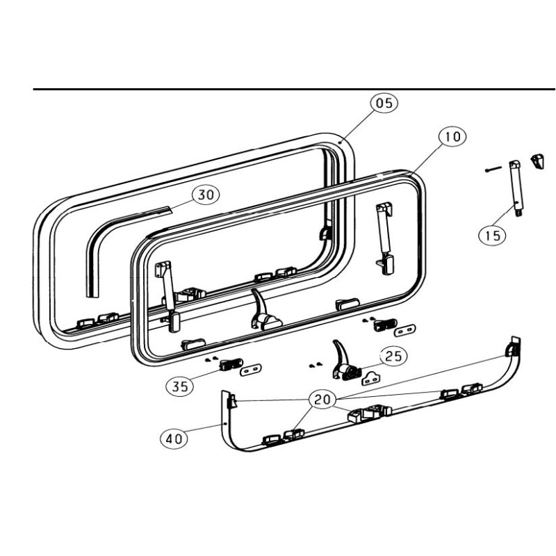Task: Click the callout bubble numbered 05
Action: tap(384, 104)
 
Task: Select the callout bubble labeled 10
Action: tap(452, 137)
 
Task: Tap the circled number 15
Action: tap(493, 235)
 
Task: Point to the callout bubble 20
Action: tap(321, 400)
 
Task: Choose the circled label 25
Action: tap(393, 357)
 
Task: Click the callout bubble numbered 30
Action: tap(205, 195)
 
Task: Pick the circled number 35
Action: tap(180, 386)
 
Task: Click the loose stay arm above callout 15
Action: tap(516, 188)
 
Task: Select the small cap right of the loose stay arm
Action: tap(537, 161)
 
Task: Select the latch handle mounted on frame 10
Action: tap(262, 313)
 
